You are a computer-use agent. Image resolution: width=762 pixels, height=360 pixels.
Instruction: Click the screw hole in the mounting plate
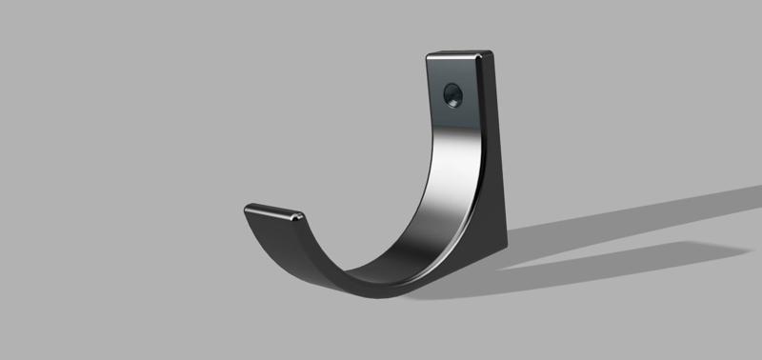click(x=452, y=94)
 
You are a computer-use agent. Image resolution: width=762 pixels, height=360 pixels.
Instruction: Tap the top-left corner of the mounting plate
click(x=429, y=55)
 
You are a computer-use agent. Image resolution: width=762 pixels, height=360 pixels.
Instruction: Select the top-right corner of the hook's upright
click(x=491, y=53)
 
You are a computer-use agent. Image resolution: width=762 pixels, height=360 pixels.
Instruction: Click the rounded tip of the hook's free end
click(x=250, y=208)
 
